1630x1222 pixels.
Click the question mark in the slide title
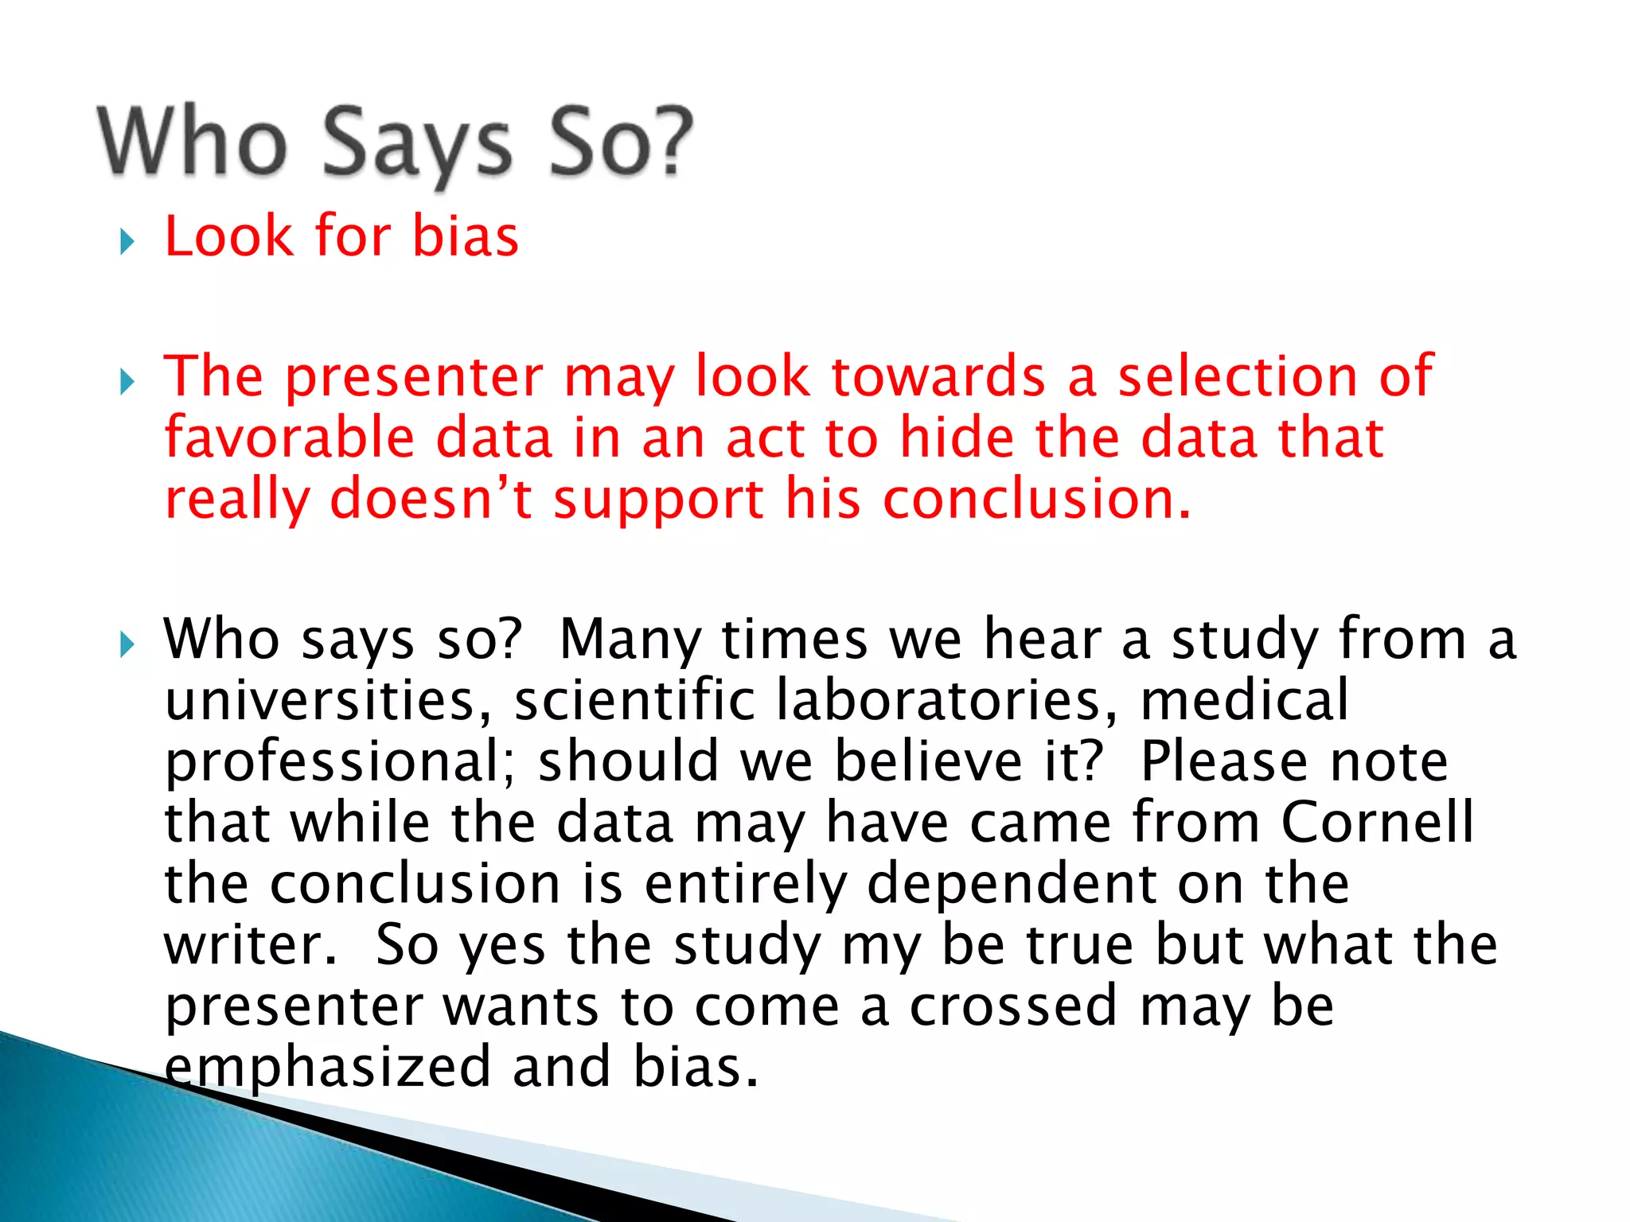667,142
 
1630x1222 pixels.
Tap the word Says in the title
417,143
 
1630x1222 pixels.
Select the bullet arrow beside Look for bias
127,241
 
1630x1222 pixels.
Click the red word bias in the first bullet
466,236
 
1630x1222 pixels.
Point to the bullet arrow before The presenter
127,382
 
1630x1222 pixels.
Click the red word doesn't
431,499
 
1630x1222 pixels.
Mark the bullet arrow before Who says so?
127,644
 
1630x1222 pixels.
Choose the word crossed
1014,1006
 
